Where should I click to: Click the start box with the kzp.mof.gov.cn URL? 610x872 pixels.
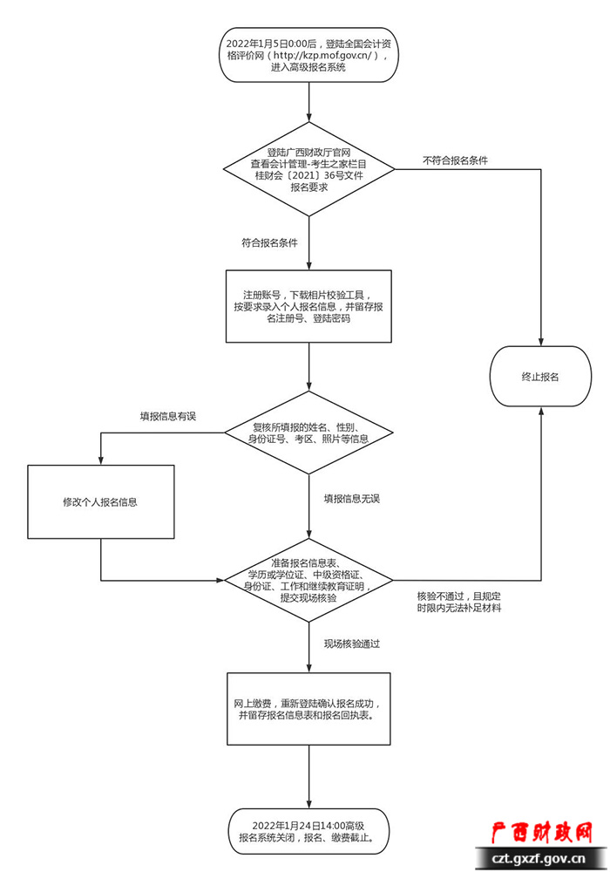click(x=309, y=55)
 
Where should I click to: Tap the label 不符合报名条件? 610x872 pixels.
click(x=455, y=160)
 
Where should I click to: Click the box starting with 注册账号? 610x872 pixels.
click(x=309, y=307)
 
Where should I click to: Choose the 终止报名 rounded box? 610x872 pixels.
click(x=540, y=377)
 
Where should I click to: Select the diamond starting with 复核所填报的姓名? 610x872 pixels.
click(x=309, y=433)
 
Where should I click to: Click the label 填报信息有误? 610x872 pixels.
click(x=168, y=416)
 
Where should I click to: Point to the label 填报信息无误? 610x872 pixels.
click(x=352, y=499)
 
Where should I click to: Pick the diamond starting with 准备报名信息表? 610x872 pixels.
click(x=309, y=579)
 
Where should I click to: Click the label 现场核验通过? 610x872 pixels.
click(x=352, y=644)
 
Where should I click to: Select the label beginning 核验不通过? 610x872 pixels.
click(x=459, y=600)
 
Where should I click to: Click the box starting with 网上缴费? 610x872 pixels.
click(x=309, y=708)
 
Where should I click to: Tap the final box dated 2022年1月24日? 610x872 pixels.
click(x=309, y=832)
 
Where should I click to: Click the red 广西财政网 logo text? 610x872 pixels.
click(x=542, y=833)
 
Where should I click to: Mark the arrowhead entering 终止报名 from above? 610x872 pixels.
click(x=540, y=341)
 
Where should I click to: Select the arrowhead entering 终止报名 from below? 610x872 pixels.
click(x=540, y=412)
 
